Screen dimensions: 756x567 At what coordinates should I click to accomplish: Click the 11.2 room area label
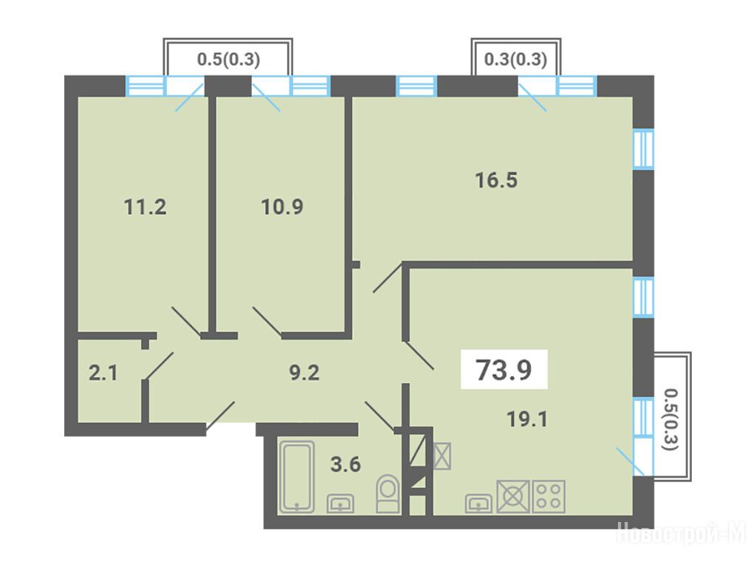coord(145,207)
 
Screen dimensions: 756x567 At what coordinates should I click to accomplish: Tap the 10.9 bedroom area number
coord(282,207)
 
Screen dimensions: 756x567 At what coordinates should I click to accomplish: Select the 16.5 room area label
coord(496,180)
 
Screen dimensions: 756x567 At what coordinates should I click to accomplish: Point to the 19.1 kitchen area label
coord(527,419)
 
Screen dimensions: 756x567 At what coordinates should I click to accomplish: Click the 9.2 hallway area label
coord(304,373)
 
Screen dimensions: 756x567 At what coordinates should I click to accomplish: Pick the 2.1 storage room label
coord(103,373)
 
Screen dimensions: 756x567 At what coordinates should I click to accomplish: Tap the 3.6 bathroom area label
coord(346,464)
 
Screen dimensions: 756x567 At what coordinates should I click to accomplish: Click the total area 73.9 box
coord(504,369)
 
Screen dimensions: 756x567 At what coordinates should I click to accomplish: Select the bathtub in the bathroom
coord(297,477)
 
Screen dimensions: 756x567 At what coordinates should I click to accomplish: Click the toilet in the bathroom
coord(388,493)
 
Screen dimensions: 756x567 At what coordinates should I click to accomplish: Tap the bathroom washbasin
coord(340,504)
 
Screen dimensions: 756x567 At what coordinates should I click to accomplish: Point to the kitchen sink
coord(478,504)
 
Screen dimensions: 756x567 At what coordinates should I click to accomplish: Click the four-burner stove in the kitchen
coord(549,496)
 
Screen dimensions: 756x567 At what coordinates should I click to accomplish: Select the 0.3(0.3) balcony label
coord(515,59)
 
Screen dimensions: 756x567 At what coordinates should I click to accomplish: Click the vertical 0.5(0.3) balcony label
coord(670,419)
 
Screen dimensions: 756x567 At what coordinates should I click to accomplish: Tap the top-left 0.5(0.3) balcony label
coord(229,59)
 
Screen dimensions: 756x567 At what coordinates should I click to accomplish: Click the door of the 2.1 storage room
coord(159,366)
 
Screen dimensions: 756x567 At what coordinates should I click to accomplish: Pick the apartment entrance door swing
coord(220,416)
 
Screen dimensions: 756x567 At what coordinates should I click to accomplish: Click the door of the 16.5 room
coord(388,278)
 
